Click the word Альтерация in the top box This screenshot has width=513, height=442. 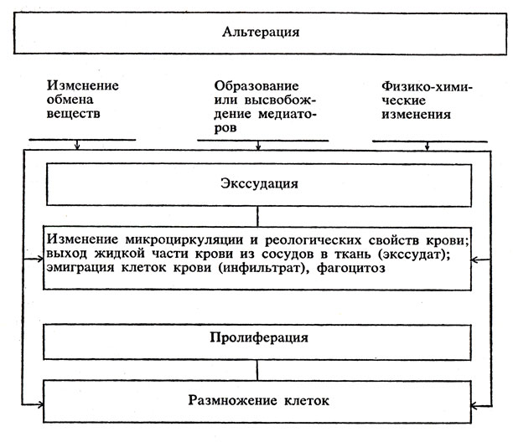261,33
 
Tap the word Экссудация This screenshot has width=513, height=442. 259,183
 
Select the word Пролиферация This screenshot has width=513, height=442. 259,337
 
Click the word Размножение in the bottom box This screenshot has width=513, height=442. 232,400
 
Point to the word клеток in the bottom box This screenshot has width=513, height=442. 307,400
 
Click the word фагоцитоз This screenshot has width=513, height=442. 350,268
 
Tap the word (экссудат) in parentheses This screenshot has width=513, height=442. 414,254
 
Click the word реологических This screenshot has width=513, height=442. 313,240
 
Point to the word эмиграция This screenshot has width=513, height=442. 80,268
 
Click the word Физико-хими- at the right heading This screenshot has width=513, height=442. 427,87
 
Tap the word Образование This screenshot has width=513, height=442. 256,86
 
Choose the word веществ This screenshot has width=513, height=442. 73,114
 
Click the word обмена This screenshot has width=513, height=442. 70,100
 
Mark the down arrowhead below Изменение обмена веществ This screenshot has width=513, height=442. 77,146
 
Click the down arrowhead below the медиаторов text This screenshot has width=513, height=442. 258,147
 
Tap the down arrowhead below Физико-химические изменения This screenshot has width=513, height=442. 427,147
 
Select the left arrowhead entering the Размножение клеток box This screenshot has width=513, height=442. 40,405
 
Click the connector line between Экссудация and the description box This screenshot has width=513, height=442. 257,217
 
